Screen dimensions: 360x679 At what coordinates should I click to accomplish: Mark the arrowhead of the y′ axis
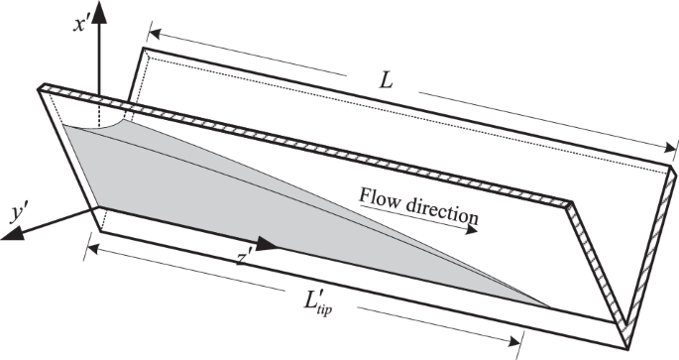coord(22,234)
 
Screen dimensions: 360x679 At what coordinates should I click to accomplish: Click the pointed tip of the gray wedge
coord(550,305)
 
